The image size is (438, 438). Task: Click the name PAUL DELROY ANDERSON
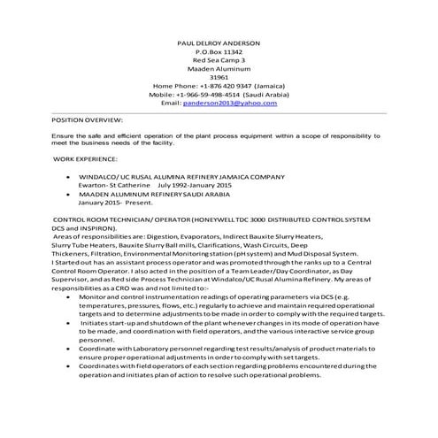tap(219, 42)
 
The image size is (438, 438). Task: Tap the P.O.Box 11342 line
tap(219, 52)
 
